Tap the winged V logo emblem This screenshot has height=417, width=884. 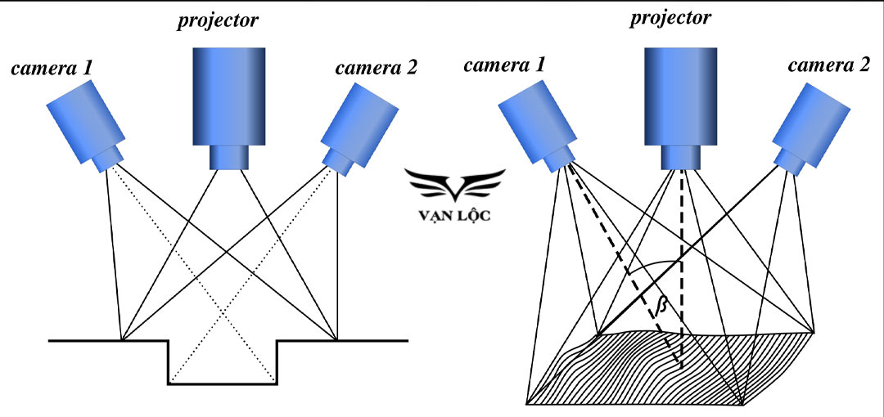458,184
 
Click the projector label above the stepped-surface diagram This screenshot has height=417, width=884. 218,21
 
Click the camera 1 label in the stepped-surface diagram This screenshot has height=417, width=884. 51,69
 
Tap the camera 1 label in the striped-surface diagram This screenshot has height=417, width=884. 504,65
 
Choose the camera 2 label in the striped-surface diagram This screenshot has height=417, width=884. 828,65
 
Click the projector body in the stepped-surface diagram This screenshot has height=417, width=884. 228,94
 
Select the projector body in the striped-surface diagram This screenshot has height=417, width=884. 681,94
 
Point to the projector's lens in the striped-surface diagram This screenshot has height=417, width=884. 681,156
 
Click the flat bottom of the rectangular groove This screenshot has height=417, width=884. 223,383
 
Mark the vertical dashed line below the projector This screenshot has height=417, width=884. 681,262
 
